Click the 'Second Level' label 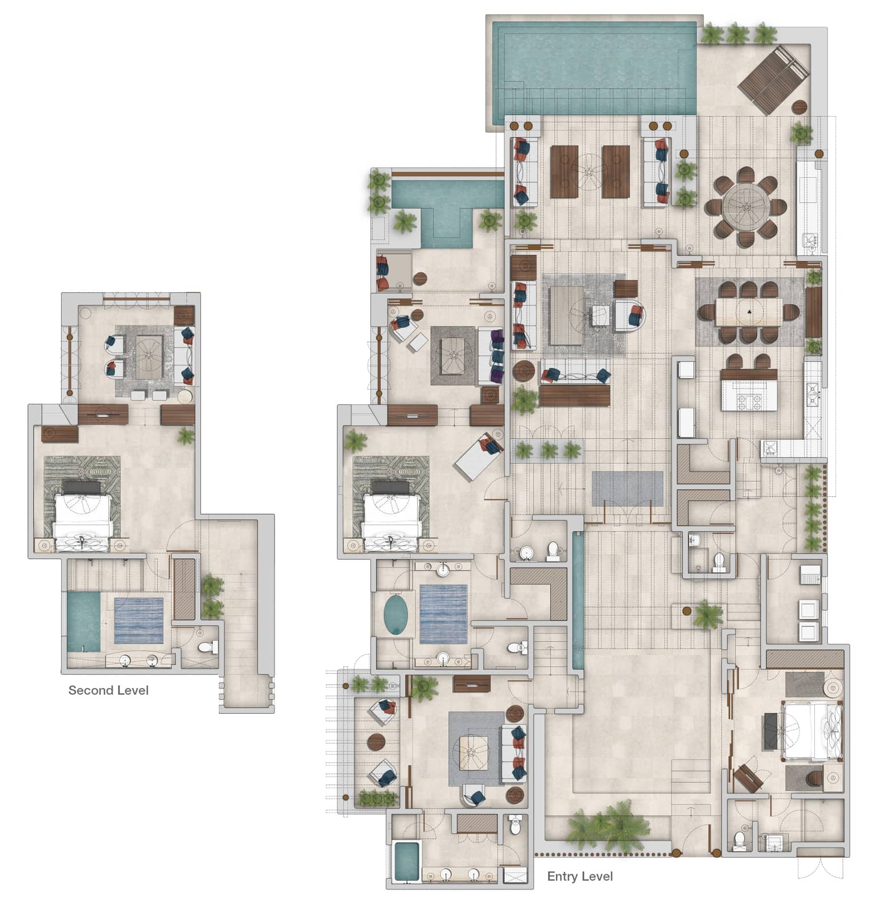[x=108, y=690]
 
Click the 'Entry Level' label [x=580, y=876]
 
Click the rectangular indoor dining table [x=748, y=312]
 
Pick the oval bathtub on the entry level [x=395, y=615]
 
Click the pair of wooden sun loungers [x=773, y=79]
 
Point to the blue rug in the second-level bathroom [x=138, y=620]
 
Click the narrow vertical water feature [x=578, y=600]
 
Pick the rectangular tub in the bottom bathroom [x=407, y=862]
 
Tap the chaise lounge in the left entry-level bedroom [x=479, y=454]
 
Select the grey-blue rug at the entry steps [x=627, y=488]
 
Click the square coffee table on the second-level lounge [x=149, y=357]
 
